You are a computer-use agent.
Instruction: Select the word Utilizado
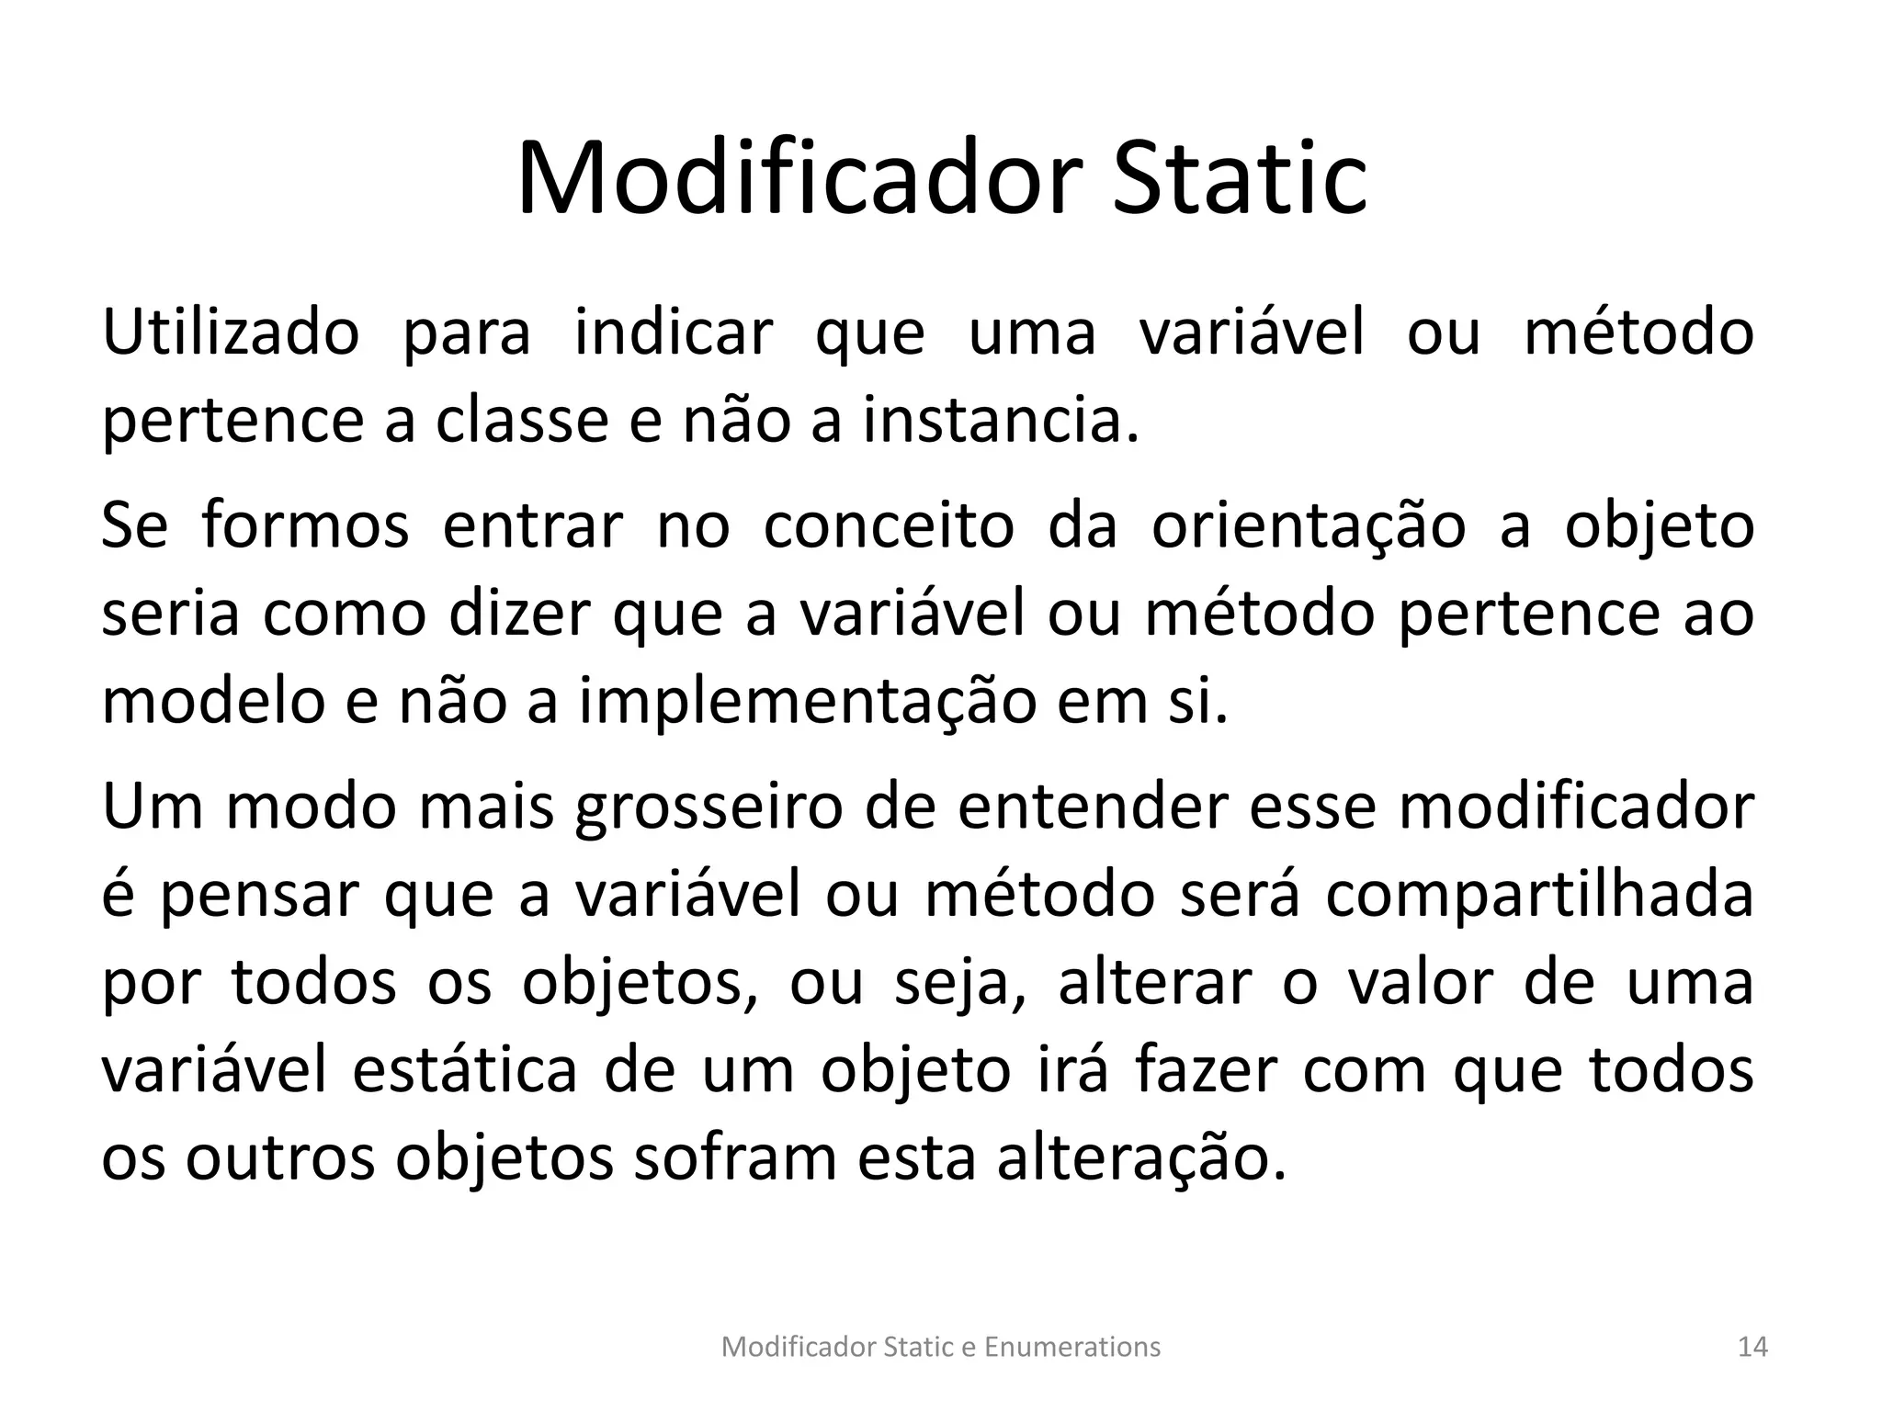click(x=230, y=333)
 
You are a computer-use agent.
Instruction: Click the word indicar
click(x=674, y=333)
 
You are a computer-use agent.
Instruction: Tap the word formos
click(x=305, y=527)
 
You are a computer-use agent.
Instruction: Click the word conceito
click(x=889, y=527)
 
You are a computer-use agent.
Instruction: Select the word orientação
click(x=1309, y=527)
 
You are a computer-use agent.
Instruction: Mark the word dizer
click(x=518, y=615)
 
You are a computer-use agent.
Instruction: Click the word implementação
click(x=808, y=703)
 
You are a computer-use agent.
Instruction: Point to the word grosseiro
click(x=709, y=807)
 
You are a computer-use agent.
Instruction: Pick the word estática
click(x=465, y=1071)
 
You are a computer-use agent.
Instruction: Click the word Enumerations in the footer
click(x=1072, y=1348)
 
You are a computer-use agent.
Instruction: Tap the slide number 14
click(x=1753, y=1348)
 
